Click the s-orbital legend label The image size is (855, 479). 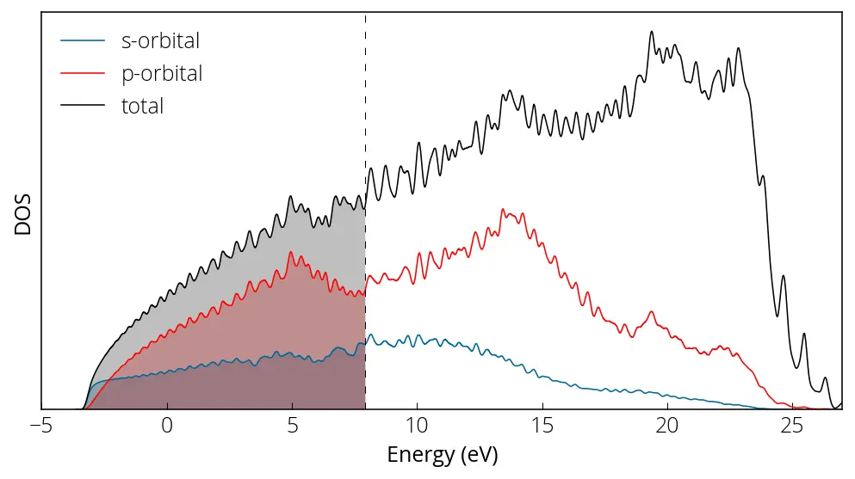tap(161, 40)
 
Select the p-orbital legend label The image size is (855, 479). tap(162, 74)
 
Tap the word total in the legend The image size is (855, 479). tap(142, 107)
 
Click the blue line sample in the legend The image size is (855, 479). tap(83, 40)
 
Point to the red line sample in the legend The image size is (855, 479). tap(83, 74)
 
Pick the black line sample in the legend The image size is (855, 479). tap(83, 107)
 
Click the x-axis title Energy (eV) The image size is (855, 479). tap(443, 454)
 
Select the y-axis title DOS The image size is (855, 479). tap(23, 213)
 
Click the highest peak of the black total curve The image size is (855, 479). tap(652, 33)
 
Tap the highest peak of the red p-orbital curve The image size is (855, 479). tap(504, 210)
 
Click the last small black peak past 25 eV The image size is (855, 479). tap(824, 378)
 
